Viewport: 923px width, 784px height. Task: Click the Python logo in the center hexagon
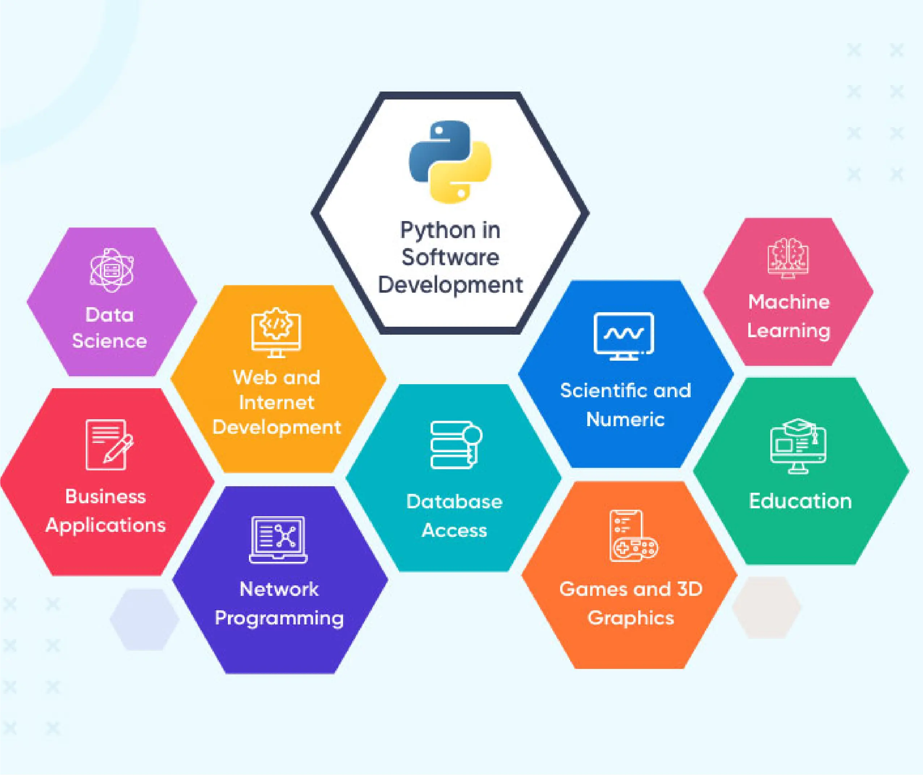tap(450, 162)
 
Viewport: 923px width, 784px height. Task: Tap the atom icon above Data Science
tap(111, 270)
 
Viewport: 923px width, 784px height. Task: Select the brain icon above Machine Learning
tap(788, 258)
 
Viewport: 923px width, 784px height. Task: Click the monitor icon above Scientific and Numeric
tap(623, 335)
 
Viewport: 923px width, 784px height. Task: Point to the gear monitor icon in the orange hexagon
tap(276, 332)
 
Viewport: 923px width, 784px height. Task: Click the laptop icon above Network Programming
tap(278, 539)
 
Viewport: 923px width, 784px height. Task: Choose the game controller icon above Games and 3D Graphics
tap(633, 536)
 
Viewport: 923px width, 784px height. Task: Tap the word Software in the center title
tap(450, 257)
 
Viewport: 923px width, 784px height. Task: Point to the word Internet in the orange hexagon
tap(276, 403)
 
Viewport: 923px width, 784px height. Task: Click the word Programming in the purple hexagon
tap(279, 618)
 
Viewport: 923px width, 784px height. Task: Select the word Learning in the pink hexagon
tap(788, 331)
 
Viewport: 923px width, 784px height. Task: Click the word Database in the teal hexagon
tap(454, 502)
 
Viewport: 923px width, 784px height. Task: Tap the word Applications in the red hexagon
tap(105, 525)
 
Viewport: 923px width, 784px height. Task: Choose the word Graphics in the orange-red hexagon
tap(631, 618)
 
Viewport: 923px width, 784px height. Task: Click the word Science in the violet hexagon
tap(109, 341)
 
